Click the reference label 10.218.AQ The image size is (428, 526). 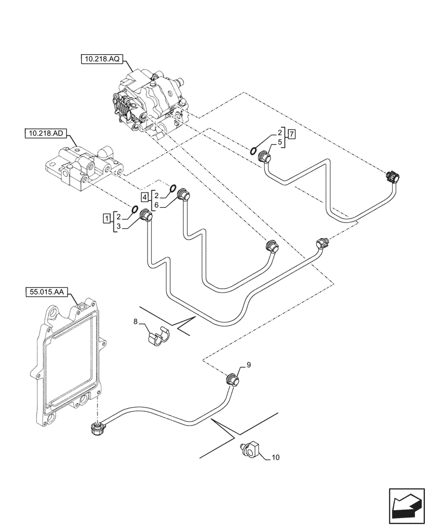tap(101, 60)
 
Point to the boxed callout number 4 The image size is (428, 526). tap(144, 197)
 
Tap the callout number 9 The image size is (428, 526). tap(249, 363)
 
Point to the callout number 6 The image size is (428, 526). tap(156, 205)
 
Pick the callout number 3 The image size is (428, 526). tap(119, 226)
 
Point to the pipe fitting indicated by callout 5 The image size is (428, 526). tap(264, 157)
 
